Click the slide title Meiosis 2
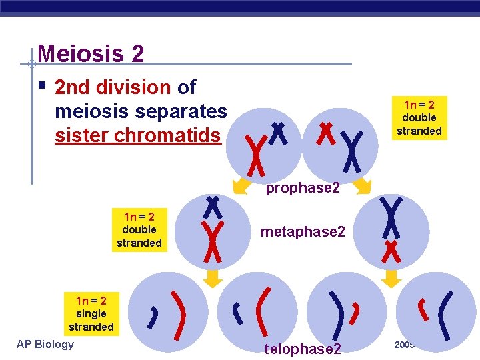pyautogui.click(x=91, y=53)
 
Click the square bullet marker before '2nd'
pyautogui.click(x=42, y=86)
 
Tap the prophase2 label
pyautogui.click(x=303, y=188)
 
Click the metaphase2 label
pyautogui.click(x=303, y=232)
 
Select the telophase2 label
pyautogui.click(x=303, y=349)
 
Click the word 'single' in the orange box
pyautogui.click(x=91, y=313)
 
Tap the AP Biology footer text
pyautogui.click(x=45, y=344)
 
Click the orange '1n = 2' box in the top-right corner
pyautogui.click(x=419, y=117)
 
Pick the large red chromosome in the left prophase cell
pyautogui.click(x=253, y=152)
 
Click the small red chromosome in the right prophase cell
pyautogui.click(x=325, y=133)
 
